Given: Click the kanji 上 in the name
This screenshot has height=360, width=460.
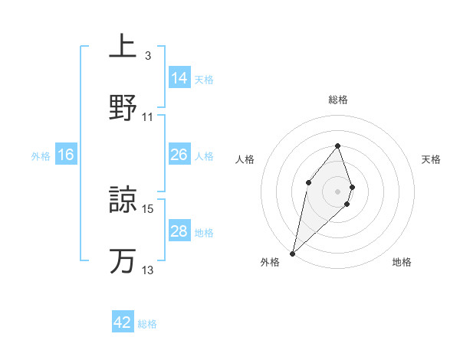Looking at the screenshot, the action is point(123,47).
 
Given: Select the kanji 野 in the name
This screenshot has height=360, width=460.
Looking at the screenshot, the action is point(123,107).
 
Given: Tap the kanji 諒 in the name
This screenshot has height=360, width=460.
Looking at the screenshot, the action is point(123,200).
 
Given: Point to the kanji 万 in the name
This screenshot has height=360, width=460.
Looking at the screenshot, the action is point(123,260).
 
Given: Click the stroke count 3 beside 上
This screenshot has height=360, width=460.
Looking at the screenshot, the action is point(147,56).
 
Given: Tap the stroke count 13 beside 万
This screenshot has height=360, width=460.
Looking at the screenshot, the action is point(148,270).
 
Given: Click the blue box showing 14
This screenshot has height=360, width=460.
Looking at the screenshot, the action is point(179,78).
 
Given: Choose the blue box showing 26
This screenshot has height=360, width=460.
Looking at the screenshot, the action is point(179,155).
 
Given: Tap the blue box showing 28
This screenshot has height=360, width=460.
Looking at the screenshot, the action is point(179,231).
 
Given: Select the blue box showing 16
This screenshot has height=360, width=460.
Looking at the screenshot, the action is point(67,155).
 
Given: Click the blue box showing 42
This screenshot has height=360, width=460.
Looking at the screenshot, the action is point(123,322).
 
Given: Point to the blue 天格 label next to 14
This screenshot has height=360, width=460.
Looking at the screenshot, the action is point(204,79).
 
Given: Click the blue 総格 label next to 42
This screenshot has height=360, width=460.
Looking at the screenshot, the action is point(147,324).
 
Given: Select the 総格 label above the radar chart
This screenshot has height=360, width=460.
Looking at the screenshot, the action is point(337,100).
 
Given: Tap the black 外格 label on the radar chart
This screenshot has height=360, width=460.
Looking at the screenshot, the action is point(270,262).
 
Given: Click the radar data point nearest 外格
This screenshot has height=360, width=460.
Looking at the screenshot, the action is point(292,253).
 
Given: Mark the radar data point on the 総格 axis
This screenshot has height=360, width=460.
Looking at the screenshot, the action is point(337,146).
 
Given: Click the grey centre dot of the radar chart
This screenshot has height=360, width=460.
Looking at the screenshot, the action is point(337,191).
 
